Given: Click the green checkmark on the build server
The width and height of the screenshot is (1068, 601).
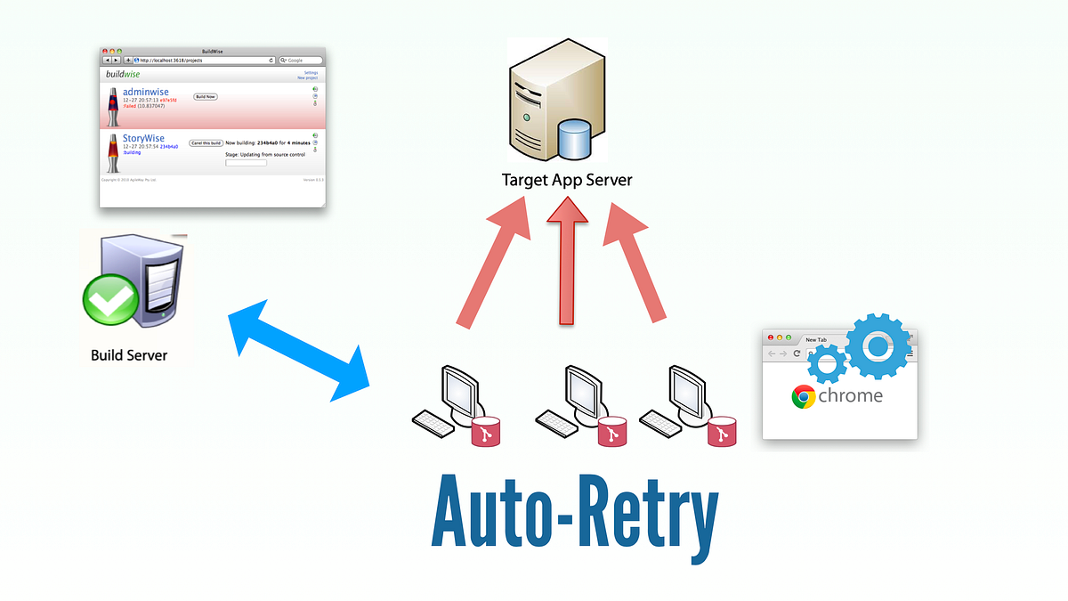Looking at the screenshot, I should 109,298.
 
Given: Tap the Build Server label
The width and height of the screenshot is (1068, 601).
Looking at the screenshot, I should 129,355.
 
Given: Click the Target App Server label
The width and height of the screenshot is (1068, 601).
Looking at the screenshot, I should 567,180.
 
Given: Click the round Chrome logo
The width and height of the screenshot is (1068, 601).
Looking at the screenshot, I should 804,396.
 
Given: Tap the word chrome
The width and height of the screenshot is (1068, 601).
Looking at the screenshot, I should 851,395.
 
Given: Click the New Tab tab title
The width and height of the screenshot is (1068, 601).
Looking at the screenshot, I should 816,340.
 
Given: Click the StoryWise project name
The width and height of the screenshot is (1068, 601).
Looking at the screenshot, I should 143,139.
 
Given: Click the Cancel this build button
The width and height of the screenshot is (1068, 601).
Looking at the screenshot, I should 205,142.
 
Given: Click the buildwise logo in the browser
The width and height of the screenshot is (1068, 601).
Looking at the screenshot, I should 123,74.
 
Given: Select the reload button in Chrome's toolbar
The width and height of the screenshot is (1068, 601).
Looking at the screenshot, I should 797,353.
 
